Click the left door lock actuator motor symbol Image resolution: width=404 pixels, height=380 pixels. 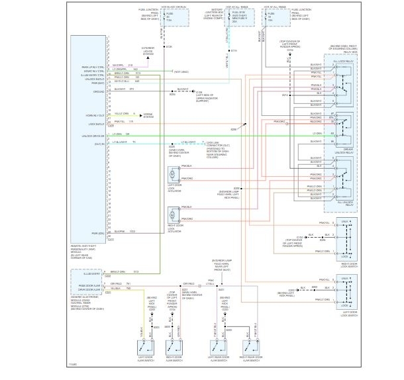[x=172, y=174]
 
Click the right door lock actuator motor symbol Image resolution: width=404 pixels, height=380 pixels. [x=172, y=214]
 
